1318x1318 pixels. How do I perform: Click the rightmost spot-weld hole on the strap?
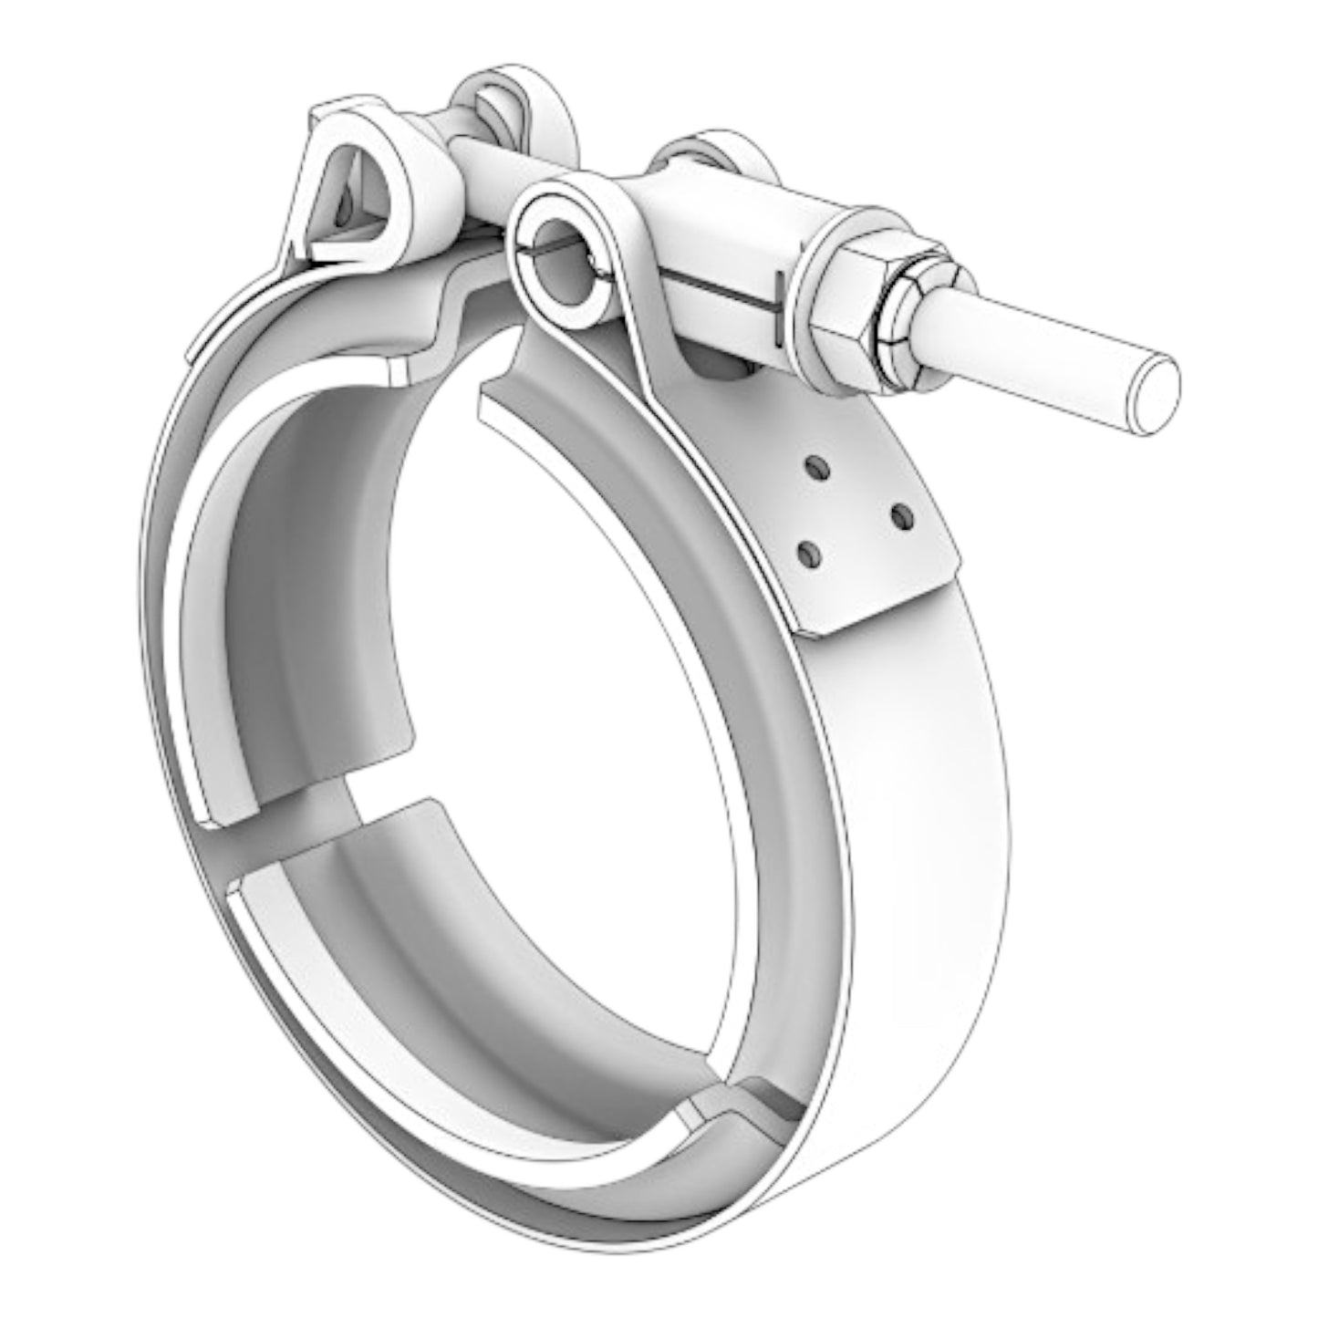point(903,518)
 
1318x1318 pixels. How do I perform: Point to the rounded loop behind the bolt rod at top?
point(511,100)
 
